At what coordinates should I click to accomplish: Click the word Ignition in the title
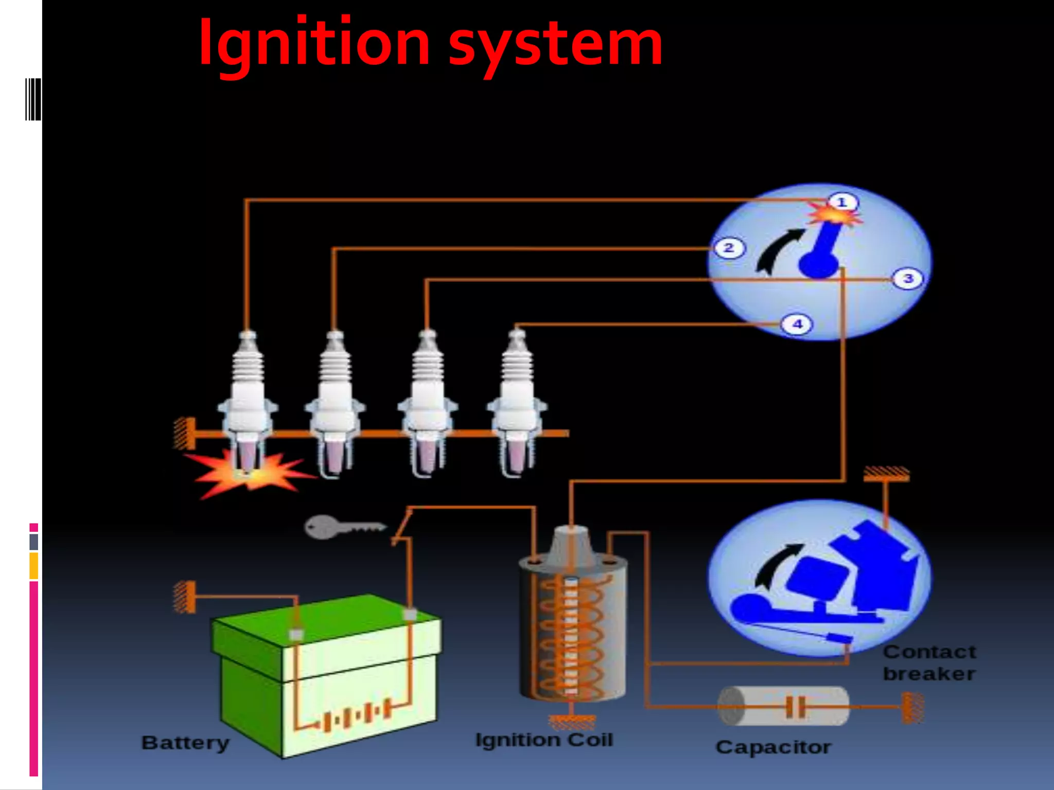pos(314,43)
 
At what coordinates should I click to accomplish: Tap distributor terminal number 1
pos(842,202)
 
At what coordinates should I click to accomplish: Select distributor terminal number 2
pos(729,248)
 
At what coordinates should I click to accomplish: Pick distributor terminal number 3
pos(908,279)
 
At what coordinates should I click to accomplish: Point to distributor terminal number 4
pos(797,325)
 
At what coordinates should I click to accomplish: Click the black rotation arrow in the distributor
pos(777,249)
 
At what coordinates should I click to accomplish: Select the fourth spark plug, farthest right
pos(517,401)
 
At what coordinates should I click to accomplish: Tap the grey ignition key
pos(342,527)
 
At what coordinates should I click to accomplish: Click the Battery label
pos(185,743)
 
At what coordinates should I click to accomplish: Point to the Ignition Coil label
pos(544,740)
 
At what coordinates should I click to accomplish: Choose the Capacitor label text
pos(773,747)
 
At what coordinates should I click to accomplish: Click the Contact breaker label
pos(929,663)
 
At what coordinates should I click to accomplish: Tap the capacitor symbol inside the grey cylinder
pos(795,707)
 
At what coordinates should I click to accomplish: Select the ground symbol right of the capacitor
pos(912,708)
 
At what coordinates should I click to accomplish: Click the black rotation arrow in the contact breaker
pos(775,566)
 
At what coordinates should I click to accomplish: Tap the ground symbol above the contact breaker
pos(886,474)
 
